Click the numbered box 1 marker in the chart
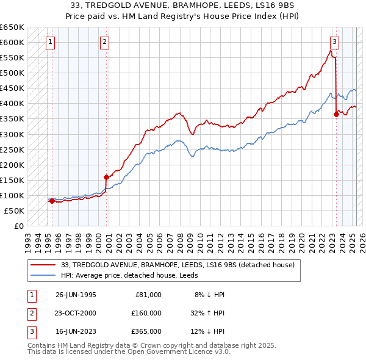(49, 42)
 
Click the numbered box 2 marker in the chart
(105, 42)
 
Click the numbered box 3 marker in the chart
(335, 42)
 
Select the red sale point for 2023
(336, 113)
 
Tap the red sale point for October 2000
(107, 177)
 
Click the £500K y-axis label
(13, 73)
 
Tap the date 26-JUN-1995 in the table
(76, 295)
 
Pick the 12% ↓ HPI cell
(209, 331)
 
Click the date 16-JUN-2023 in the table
(76, 331)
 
